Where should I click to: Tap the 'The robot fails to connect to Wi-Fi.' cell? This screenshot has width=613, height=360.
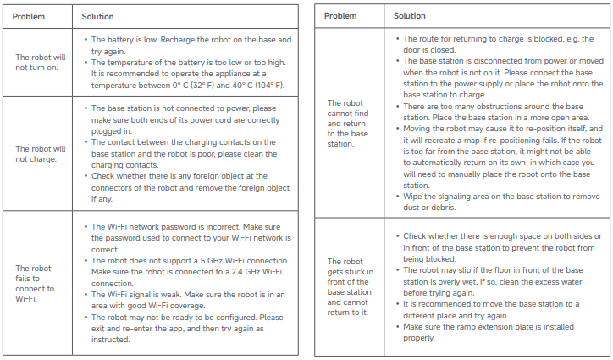pyautogui.click(x=34, y=280)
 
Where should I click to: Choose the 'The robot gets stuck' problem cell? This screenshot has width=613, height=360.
pyautogui.click(x=348, y=283)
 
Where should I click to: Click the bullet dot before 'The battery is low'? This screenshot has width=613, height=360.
pyautogui.click(x=85, y=40)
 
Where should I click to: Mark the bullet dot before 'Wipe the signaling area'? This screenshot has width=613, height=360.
pyautogui.click(x=396, y=197)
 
